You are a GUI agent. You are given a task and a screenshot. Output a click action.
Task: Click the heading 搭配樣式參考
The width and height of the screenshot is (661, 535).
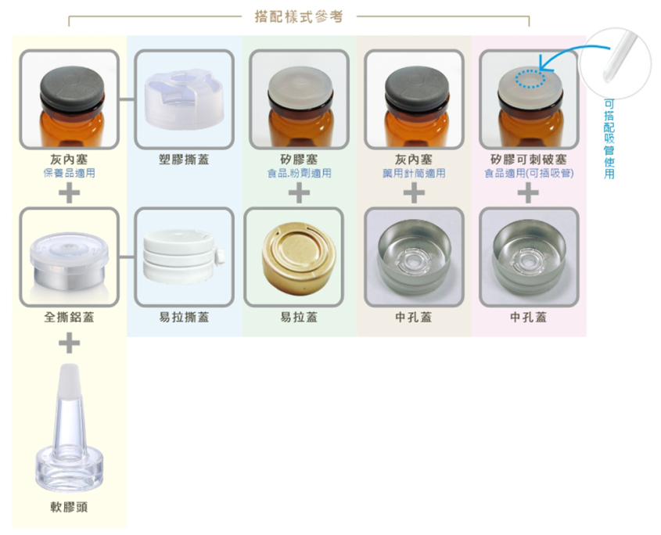(299, 17)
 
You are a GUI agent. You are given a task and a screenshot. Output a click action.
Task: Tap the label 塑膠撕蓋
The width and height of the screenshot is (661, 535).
(184, 160)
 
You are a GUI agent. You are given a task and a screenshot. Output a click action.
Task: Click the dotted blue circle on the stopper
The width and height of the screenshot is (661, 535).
(530, 79)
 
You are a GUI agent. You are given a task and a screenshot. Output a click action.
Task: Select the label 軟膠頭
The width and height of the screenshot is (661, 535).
(69, 507)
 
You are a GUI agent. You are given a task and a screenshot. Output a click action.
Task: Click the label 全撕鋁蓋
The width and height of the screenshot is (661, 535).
(69, 317)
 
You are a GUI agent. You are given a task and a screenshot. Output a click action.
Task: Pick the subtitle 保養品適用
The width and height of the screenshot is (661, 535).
(69, 173)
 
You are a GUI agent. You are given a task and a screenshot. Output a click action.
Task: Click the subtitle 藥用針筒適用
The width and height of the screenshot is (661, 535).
(414, 173)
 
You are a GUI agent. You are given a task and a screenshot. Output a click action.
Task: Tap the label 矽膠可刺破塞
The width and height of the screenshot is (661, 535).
(528, 160)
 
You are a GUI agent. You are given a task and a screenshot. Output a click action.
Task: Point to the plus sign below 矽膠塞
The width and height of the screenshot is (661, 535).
(299, 193)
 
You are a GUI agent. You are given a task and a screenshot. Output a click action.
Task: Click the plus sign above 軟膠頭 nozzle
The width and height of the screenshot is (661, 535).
(69, 343)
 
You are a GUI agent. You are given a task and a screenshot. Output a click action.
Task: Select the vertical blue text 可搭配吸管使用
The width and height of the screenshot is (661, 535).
(609, 138)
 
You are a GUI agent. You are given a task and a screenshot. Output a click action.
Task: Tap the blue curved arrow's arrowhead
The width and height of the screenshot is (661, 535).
(544, 66)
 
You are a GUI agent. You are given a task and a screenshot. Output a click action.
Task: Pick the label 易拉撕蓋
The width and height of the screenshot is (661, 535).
(184, 317)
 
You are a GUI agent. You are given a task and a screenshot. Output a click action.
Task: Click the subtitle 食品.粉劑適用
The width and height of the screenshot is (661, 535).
(299, 173)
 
